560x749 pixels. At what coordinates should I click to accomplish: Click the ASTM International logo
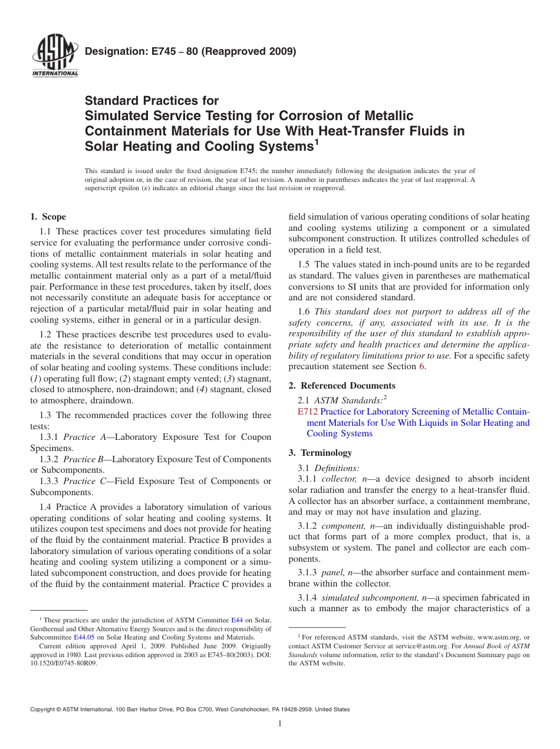(55, 56)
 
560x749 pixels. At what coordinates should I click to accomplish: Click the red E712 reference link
(308, 412)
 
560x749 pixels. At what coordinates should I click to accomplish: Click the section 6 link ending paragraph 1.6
(421, 367)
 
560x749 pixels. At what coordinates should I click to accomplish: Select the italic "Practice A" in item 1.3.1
(85, 437)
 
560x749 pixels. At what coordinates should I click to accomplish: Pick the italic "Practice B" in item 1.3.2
(85, 459)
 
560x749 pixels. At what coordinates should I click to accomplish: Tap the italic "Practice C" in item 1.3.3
(85, 481)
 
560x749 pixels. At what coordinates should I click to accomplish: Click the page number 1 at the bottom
(280, 724)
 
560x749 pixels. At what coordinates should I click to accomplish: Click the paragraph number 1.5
(305, 264)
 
